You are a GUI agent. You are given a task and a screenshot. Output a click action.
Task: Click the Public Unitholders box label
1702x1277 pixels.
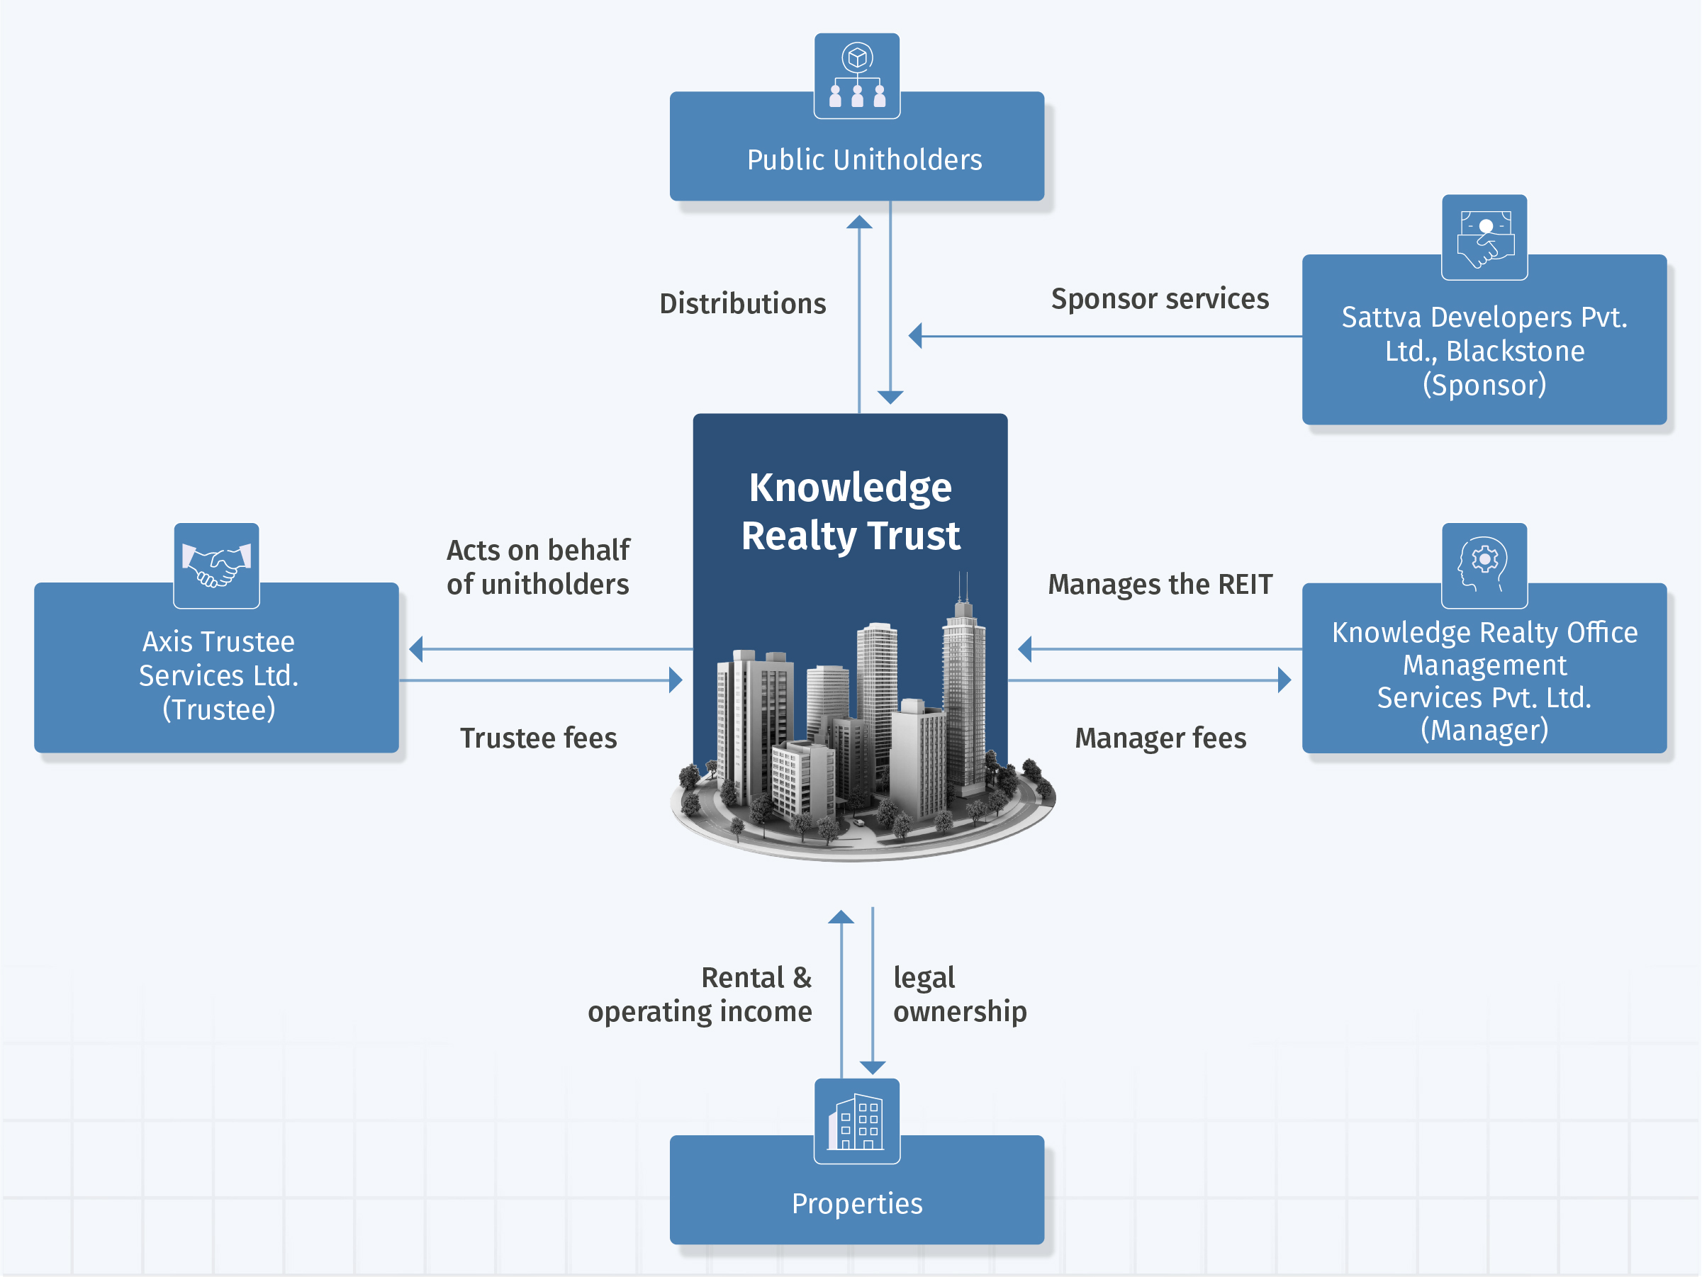pos(864,160)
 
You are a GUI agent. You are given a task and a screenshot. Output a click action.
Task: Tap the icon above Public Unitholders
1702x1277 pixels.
pos(856,76)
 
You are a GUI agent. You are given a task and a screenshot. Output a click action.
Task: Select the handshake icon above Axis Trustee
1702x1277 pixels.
pos(216,566)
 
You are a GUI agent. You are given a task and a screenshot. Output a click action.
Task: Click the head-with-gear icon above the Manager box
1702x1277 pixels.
pos(1484,566)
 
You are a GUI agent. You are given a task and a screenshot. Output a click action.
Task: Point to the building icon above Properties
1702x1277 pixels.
pos(856,1121)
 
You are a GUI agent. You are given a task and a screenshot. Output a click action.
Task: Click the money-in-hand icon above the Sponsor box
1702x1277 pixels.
pos(1484,237)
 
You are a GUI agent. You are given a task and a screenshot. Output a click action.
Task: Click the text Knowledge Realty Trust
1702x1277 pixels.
pos(850,512)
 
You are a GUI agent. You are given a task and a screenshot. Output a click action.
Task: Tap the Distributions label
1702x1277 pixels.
pos(742,304)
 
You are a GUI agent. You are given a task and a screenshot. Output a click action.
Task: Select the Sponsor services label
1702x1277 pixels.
pos(1160,298)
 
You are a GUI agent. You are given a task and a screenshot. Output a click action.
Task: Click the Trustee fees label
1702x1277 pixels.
pos(539,738)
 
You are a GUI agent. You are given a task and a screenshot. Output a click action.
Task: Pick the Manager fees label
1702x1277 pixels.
pos(1160,738)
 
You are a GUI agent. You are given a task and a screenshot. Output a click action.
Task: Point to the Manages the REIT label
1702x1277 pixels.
pos(1160,585)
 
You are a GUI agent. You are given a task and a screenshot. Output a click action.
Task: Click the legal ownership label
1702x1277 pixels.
pos(958,995)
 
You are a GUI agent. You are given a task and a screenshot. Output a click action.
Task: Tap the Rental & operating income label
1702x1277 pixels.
pos(700,995)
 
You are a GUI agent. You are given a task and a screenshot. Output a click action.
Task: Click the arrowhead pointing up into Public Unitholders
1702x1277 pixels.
pos(858,223)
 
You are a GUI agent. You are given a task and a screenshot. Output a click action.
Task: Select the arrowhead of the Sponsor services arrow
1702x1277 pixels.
pos(916,336)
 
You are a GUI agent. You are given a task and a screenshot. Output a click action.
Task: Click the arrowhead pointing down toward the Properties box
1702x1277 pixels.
pos(873,1067)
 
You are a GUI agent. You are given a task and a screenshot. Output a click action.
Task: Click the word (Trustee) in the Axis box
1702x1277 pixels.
pos(218,709)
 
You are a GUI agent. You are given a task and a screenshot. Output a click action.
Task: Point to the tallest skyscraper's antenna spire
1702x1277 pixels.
pos(963,588)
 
